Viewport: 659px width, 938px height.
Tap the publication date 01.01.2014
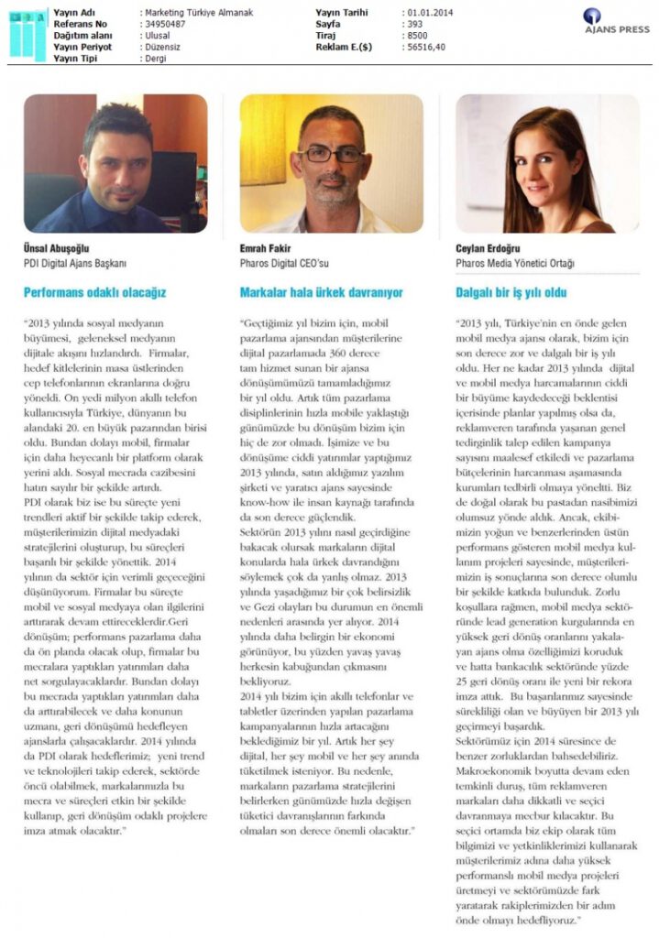point(427,13)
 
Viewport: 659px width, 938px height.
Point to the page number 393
point(414,23)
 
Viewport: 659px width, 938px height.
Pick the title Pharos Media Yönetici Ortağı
point(515,263)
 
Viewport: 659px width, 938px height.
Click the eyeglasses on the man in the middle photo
point(332,154)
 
